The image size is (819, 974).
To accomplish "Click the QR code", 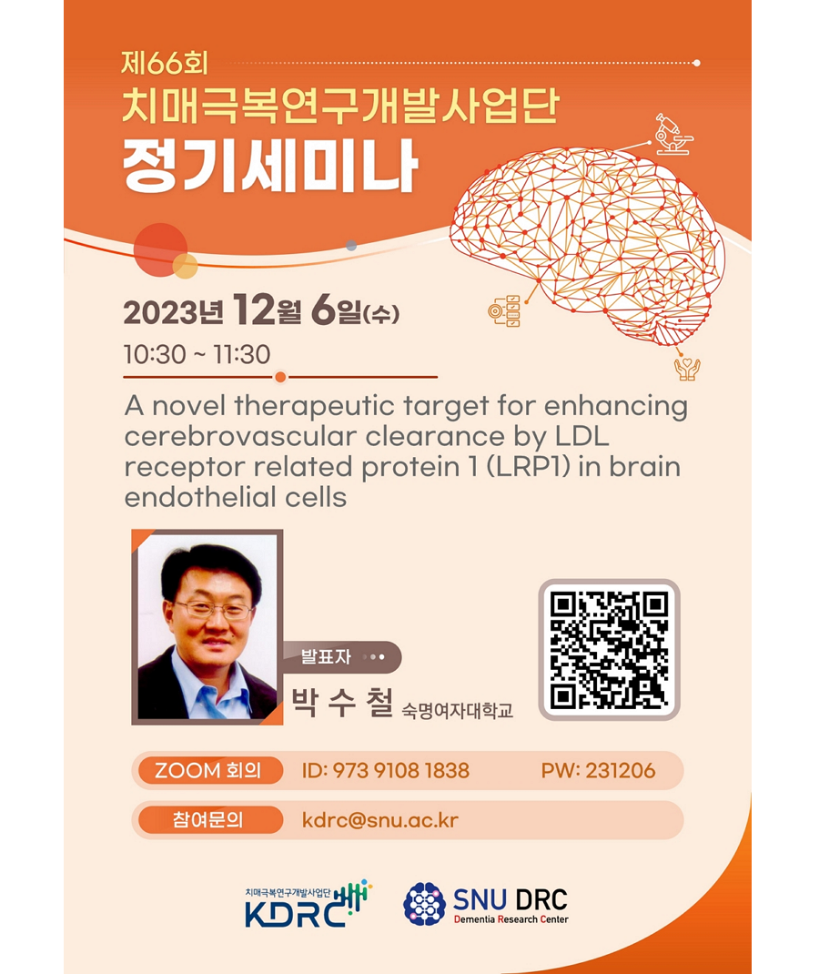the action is click(609, 650).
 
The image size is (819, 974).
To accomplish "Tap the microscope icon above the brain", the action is click(673, 134).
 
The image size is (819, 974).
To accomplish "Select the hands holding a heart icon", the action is click(687, 368).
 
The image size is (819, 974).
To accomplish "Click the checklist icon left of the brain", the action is click(504, 310).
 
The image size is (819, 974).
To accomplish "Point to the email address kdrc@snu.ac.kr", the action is click(380, 820).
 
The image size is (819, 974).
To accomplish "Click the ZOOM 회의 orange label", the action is click(207, 770).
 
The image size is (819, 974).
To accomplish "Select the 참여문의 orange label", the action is click(207, 820).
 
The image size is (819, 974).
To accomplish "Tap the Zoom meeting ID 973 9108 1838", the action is click(386, 770).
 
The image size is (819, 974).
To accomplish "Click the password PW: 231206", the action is click(598, 770).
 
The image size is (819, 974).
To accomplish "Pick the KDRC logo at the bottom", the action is click(308, 904).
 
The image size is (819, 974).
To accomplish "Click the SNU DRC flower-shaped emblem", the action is click(425, 904).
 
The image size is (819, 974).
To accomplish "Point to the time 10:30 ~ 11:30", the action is click(197, 355).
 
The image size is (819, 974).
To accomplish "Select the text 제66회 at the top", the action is click(165, 63).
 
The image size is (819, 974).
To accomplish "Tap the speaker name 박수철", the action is click(342, 703).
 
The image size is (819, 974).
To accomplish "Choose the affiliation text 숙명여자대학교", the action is click(458, 710).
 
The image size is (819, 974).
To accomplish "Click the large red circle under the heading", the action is click(160, 249).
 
